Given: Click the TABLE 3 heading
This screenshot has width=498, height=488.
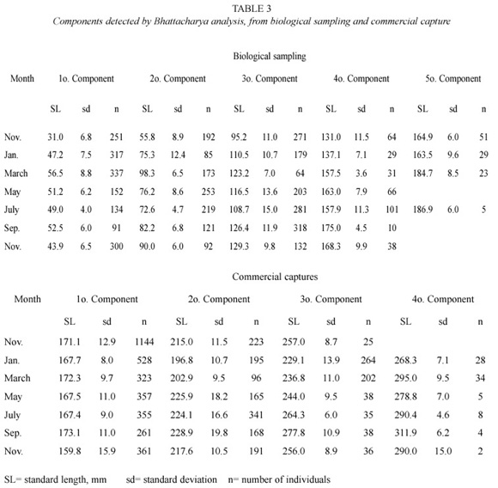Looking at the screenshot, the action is [252, 9].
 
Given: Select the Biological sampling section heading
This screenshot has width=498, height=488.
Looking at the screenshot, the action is [270, 56].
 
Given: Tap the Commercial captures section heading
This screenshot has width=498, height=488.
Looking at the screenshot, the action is [275, 277].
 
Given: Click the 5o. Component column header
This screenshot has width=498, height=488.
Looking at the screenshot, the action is [453, 78].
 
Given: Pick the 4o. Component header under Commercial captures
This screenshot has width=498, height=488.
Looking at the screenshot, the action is [443, 299].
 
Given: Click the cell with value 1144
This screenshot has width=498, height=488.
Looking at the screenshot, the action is [144, 342].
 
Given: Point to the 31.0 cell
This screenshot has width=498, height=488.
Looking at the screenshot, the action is [56, 137].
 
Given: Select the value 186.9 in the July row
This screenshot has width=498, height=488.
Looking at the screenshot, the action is [422, 210].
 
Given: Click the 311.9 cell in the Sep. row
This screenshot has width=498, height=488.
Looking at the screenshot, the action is [405, 432].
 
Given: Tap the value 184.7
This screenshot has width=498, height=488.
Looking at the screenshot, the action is [422, 174].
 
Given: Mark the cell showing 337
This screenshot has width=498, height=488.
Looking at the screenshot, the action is [117, 174].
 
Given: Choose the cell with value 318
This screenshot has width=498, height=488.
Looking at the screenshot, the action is [300, 228].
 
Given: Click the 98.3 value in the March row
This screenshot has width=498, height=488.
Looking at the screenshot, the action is [147, 174].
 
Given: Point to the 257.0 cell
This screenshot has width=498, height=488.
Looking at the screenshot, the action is [294, 342].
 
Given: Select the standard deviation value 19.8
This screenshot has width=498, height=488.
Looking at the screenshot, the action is [219, 432].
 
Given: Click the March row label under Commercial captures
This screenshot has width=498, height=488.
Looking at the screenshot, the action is [17, 378].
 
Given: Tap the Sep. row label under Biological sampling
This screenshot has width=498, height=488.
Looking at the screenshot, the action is [12, 229].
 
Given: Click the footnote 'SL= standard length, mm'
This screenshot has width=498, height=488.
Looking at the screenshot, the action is [55, 479].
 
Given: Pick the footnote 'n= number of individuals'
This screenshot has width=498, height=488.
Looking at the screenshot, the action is [279, 479].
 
